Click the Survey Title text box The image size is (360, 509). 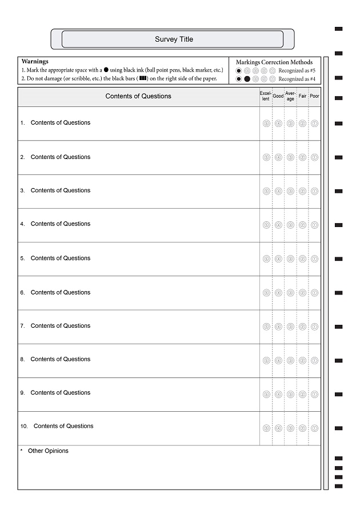point(173,39)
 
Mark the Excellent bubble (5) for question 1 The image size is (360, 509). point(266,124)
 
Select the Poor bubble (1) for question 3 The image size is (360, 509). point(314,191)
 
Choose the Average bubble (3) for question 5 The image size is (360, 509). point(290,259)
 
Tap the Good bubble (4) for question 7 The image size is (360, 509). point(278,327)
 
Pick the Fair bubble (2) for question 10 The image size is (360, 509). point(302,428)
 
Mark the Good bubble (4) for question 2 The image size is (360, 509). point(278,157)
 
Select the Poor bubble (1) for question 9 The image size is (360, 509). point(314,394)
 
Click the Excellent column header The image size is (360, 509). point(266,96)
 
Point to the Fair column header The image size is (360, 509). point(302,96)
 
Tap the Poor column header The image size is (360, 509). point(314,96)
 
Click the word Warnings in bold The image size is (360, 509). point(35,61)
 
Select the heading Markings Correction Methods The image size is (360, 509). point(274,62)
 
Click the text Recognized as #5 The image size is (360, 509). point(297,70)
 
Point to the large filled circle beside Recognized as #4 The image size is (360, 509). point(247,79)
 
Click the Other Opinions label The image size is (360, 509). point(48,451)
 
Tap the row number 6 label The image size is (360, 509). point(23,293)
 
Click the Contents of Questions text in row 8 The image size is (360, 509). point(61,359)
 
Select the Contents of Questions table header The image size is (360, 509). point(138,96)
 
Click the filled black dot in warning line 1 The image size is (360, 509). point(106,69)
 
